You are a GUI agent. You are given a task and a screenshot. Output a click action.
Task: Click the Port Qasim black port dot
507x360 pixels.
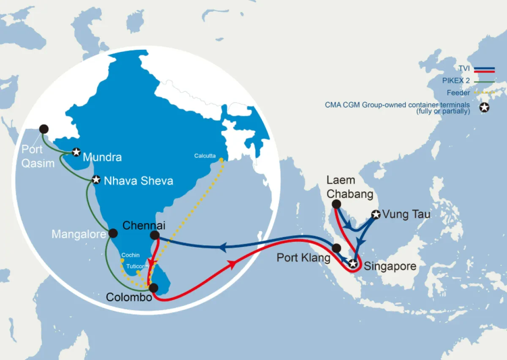click(44, 129)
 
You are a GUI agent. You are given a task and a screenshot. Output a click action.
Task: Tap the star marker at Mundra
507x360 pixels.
click(76, 152)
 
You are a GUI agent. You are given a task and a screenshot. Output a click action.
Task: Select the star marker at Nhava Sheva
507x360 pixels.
click(96, 180)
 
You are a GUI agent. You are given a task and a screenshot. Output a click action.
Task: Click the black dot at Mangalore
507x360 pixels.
click(113, 233)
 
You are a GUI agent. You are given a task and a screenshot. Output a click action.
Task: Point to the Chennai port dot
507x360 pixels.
click(155, 235)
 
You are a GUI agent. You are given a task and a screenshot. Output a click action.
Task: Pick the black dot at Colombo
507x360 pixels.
click(153, 288)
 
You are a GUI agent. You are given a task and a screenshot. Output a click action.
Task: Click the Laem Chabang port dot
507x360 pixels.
click(336, 204)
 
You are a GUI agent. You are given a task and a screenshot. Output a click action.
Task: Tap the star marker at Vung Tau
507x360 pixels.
click(375, 215)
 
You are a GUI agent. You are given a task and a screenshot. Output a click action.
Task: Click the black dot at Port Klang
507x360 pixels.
click(336, 248)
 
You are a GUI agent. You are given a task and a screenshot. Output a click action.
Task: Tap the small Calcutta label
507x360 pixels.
click(205, 156)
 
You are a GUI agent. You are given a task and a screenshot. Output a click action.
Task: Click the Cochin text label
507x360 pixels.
click(130, 255)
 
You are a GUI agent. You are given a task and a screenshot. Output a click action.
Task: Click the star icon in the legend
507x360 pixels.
click(485, 108)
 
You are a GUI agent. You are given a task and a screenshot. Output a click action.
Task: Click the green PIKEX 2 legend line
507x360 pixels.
click(484, 80)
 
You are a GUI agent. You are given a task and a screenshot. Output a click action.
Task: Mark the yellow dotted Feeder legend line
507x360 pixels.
click(484, 93)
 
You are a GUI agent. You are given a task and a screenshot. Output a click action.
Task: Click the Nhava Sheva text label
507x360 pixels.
click(139, 181)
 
